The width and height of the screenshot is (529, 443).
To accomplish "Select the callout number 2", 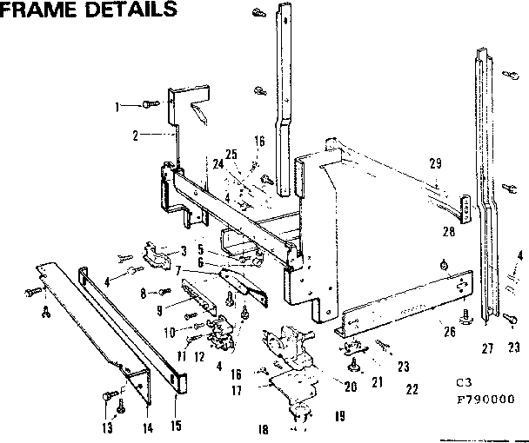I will click(136, 135).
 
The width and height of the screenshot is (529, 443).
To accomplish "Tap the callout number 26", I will click(449, 330).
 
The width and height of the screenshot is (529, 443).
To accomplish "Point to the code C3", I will click(461, 382).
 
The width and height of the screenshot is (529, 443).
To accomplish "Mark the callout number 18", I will click(262, 428).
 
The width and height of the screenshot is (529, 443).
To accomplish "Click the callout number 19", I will click(339, 416).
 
